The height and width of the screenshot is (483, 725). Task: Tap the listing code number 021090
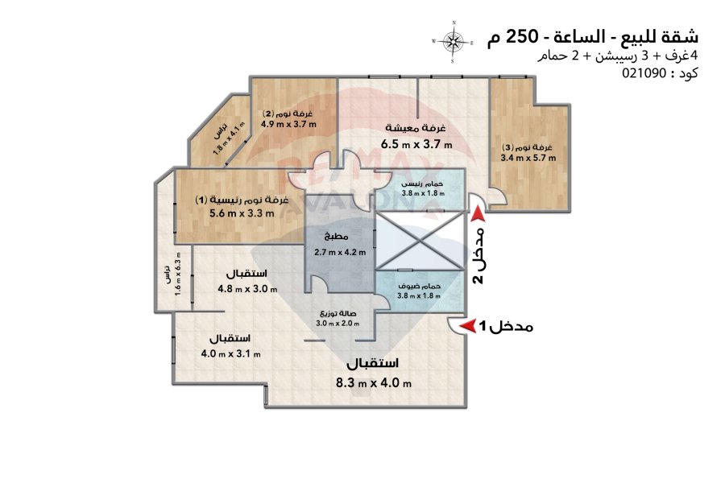click(x=644, y=73)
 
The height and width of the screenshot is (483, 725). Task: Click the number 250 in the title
click(x=522, y=36)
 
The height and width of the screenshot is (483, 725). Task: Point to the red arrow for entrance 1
click(x=470, y=325)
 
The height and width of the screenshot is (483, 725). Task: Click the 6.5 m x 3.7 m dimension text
click(x=416, y=144)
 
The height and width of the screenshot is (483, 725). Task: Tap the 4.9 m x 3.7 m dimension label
click(x=288, y=124)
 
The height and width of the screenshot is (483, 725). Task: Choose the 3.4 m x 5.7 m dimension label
click(x=528, y=158)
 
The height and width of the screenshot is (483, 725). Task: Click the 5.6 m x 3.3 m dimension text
click(x=242, y=213)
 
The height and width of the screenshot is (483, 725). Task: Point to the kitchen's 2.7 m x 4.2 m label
click(x=340, y=252)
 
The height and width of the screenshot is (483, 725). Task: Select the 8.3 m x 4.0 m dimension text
click(x=374, y=382)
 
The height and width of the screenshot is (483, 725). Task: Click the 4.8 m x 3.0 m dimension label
click(x=247, y=289)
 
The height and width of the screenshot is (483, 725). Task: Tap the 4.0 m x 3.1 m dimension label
click(x=230, y=353)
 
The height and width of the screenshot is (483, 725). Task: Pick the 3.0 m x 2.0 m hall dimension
click(x=338, y=323)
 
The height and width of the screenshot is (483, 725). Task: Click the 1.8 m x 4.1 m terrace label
click(x=229, y=138)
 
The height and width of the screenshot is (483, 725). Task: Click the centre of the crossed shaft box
click(x=419, y=240)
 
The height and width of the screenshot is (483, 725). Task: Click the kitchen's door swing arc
click(x=318, y=282)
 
